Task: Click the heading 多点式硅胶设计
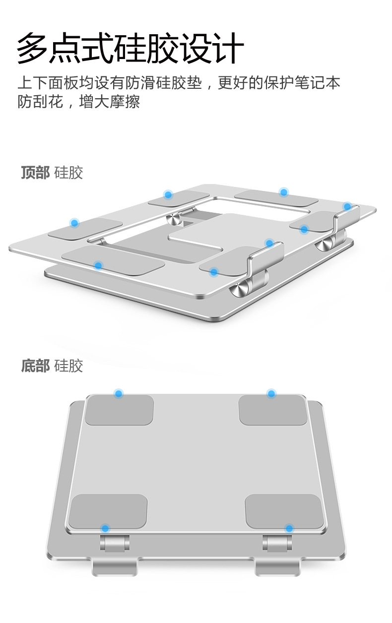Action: [130, 48]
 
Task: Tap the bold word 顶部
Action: [35, 173]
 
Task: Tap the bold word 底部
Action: [35, 366]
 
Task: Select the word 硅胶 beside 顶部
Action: [68, 173]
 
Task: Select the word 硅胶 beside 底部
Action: [68, 366]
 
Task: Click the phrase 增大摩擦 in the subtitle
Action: [109, 102]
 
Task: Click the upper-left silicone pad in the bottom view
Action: [119, 410]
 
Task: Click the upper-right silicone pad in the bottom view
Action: [273, 410]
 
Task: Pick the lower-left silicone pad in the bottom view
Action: [108, 512]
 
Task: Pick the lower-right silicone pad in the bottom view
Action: [284, 512]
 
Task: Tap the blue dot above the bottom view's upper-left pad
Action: [119, 393]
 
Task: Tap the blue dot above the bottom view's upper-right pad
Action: [271, 393]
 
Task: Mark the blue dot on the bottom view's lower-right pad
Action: [289, 528]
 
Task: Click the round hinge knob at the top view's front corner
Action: [239, 289]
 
